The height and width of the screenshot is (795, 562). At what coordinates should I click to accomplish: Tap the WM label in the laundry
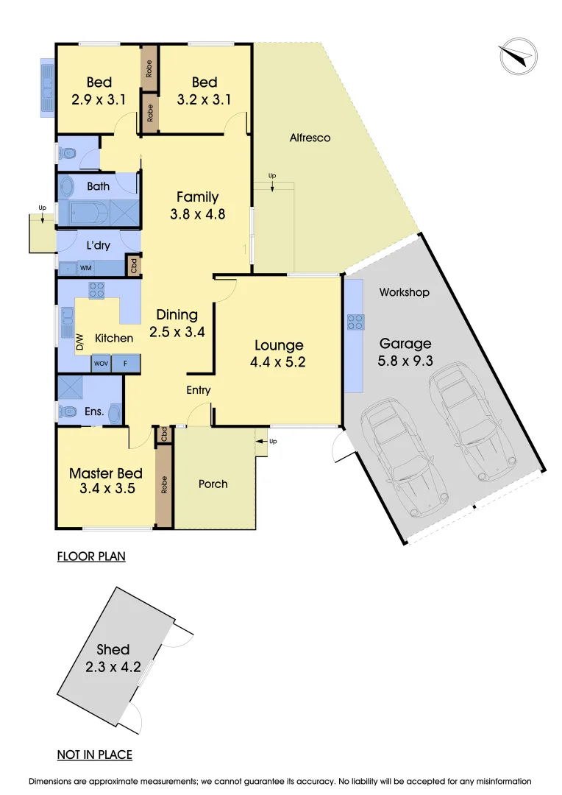pos(86,267)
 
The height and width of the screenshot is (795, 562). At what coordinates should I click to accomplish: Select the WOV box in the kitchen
pos(102,364)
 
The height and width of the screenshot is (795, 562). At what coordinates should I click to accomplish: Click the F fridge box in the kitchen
pos(126,364)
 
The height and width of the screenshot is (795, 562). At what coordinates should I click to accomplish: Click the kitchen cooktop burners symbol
pos(97,291)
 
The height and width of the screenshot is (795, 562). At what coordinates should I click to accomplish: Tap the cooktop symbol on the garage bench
pos(355,322)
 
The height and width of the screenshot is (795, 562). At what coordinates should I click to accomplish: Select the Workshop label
pos(404,292)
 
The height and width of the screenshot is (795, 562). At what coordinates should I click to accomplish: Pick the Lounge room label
pos(279,345)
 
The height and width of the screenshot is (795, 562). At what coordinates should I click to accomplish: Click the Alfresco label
pos(310,138)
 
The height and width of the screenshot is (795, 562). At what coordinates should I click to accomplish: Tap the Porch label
pos(213,484)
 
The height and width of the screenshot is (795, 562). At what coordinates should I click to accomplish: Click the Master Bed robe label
pos(164,484)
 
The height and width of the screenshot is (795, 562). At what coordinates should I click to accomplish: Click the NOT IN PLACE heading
pos(95,755)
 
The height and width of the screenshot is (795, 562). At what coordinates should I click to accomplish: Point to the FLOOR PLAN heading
pos(91,556)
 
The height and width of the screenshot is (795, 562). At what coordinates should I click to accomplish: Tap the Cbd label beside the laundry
pos(134,266)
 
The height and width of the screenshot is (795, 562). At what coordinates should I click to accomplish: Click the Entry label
pos(198,390)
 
